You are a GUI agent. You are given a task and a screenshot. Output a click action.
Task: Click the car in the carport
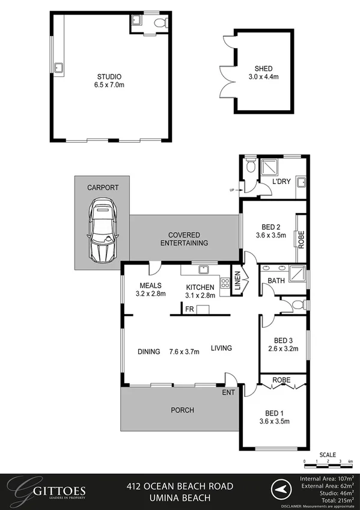[x=103, y=232]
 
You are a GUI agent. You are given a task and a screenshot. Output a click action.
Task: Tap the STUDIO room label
[x=109, y=76]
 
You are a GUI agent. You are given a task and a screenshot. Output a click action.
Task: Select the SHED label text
[x=263, y=68]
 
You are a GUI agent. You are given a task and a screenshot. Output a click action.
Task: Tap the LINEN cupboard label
[x=237, y=284]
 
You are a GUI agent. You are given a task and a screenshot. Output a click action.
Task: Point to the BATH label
[x=276, y=280]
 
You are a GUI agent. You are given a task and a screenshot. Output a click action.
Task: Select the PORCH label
[x=182, y=410]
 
